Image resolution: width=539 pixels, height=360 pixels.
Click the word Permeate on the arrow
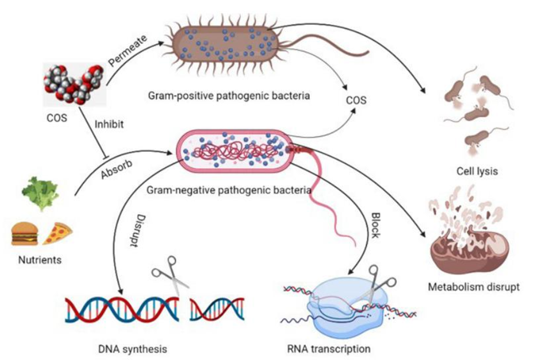pyautogui.click(x=128, y=50)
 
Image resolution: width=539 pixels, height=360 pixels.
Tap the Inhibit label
pyautogui.click(x=109, y=124)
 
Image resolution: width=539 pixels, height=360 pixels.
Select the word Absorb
pyautogui.click(x=116, y=169)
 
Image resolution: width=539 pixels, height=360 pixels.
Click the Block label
pyautogui.click(x=375, y=225)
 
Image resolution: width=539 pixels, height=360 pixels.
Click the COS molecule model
pyautogui.click(x=73, y=84)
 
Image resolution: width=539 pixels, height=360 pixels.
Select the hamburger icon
pyautogui.click(x=25, y=234)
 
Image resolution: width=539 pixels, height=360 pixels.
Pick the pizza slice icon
pyautogui.click(x=57, y=234)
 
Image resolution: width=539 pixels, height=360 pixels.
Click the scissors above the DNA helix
pyautogui.click(x=170, y=275)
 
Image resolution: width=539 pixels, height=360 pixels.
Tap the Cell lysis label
pyautogui.click(x=477, y=171)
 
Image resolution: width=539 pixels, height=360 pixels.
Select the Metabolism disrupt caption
pyautogui.click(x=474, y=287)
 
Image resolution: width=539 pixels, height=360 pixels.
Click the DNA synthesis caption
pyautogui.click(x=133, y=350)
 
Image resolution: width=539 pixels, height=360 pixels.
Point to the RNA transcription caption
pyautogui.click(x=328, y=349)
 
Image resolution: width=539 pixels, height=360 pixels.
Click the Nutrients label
pyautogui.click(x=40, y=260)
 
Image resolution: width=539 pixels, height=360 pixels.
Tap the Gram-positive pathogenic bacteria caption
pyautogui.click(x=229, y=95)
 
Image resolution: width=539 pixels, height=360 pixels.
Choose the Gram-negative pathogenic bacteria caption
pyautogui.click(x=229, y=190)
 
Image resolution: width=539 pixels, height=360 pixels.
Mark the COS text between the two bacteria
pyautogui.click(x=356, y=100)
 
